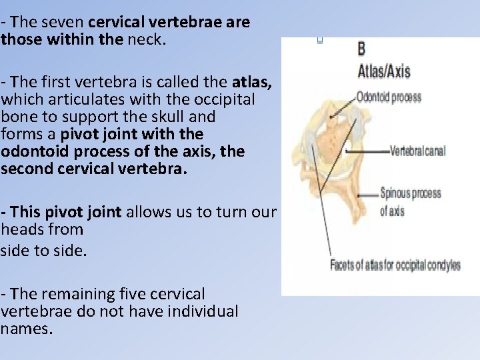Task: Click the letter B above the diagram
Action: [361, 49]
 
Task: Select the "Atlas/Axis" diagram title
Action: [384, 71]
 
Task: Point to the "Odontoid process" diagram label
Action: [389, 97]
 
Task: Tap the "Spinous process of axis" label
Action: [410, 201]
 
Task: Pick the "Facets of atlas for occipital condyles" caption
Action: [395, 265]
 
